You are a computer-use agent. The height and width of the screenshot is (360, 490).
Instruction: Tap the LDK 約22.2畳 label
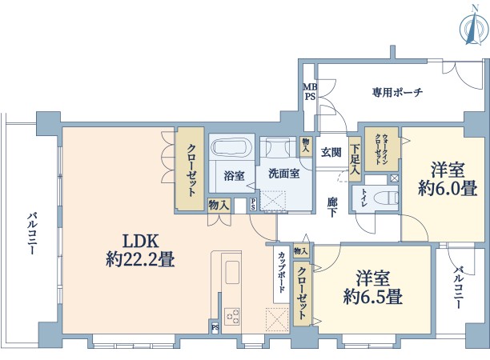[x=140, y=250]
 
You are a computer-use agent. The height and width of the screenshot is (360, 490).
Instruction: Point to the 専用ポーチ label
[x=397, y=92]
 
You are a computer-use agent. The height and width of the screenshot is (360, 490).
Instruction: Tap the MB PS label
[x=310, y=92]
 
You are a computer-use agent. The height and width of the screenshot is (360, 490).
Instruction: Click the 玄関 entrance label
[x=331, y=153]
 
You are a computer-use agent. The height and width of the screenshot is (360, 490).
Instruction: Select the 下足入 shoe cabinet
[x=355, y=159]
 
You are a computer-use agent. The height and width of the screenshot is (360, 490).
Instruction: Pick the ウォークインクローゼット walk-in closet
[x=382, y=149]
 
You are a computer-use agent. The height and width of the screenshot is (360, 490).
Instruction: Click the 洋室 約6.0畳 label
[x=448, y=179]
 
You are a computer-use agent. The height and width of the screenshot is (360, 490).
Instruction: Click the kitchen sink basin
[x=232, y=272]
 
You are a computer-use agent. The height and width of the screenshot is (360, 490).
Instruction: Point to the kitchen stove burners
[x=232, y=316]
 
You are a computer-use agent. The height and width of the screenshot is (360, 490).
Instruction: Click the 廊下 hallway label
[x=332, y=207]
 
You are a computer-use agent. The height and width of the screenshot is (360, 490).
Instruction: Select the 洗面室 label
[x=284, y=174]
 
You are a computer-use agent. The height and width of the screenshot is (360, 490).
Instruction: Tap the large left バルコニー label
[x=32, y=233]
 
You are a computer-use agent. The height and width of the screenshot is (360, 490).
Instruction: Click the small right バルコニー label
[x=459, y=287]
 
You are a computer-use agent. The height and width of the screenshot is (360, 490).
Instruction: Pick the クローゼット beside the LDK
[x=190, y=169]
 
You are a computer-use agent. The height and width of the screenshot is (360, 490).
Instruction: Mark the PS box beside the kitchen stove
[x=215, y=327]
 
